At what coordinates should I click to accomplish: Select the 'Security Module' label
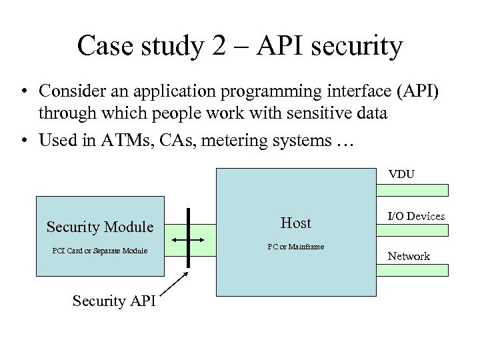(100, 227)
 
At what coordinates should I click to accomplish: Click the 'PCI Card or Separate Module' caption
(99, 251)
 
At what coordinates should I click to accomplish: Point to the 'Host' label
(295, 223)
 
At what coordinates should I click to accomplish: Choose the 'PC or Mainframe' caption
(295, 247)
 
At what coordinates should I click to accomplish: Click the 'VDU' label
(401, 175)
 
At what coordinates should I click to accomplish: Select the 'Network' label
(409, 256)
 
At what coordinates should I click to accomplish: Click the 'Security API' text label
(113, 301)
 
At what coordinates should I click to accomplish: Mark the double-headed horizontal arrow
(189, 239)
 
